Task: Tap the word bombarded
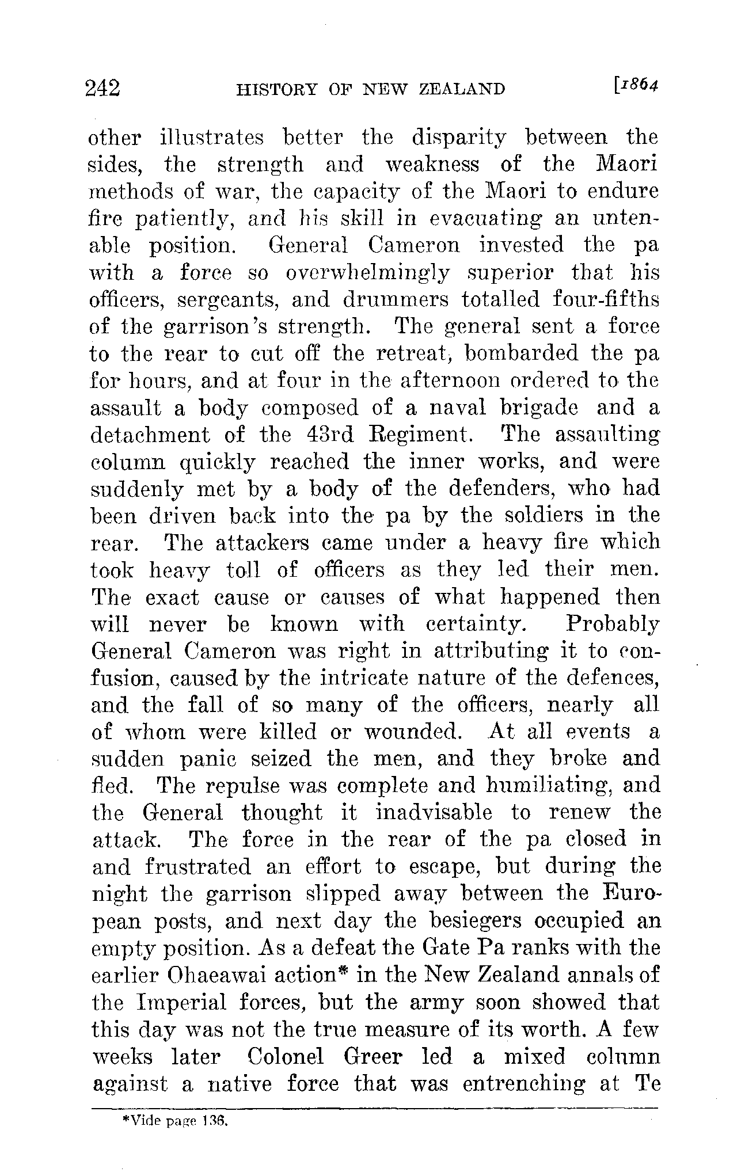tap(521, 353)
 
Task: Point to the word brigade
tap(538, 408)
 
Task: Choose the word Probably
tap(612, 624)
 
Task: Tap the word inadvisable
tap(434, 813)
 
